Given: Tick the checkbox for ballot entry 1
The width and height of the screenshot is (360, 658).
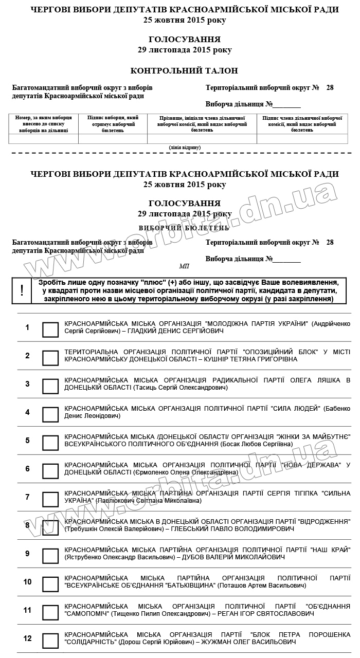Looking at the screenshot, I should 50,330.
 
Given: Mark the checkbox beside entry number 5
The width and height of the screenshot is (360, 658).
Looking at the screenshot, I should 50,443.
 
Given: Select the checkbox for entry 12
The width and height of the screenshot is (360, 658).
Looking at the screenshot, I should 50,641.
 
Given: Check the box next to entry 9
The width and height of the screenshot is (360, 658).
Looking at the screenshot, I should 50,556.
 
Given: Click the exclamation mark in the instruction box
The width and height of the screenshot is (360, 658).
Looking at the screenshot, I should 22,290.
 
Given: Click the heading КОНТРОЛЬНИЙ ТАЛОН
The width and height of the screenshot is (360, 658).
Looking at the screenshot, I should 184,71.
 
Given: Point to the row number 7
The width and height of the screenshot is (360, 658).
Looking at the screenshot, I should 28,497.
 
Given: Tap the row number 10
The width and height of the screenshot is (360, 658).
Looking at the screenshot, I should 28,582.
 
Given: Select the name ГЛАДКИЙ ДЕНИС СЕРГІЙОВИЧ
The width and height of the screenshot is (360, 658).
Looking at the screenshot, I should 170,331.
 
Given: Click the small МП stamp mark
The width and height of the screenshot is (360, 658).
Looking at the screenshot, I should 184,266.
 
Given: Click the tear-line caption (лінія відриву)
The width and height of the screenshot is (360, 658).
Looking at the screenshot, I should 185,148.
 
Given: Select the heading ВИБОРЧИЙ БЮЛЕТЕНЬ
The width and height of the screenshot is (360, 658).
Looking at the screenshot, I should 184,227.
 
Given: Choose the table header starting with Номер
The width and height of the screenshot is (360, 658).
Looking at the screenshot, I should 44,124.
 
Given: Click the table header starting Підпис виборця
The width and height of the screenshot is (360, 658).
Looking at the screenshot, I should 113,124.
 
